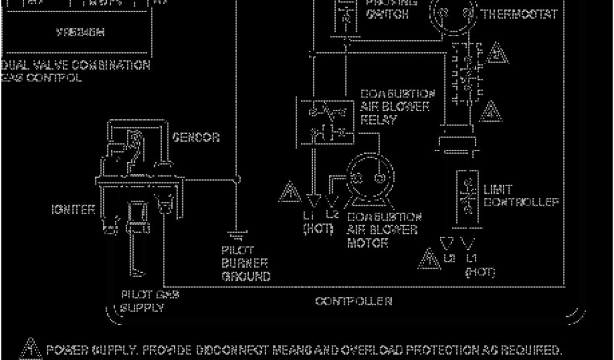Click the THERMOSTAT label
coord(519,14)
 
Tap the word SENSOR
coord(195,137)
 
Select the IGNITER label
coord(73,210)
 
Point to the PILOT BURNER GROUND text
coord(246,263)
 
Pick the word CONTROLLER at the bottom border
coord(354,301)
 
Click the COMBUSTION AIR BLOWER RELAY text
coord(396,107)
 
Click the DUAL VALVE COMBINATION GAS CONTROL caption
coord(75,71)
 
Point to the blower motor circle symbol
coord(371,177)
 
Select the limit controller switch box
coord(468,198)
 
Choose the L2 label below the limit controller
coord(450,259)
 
